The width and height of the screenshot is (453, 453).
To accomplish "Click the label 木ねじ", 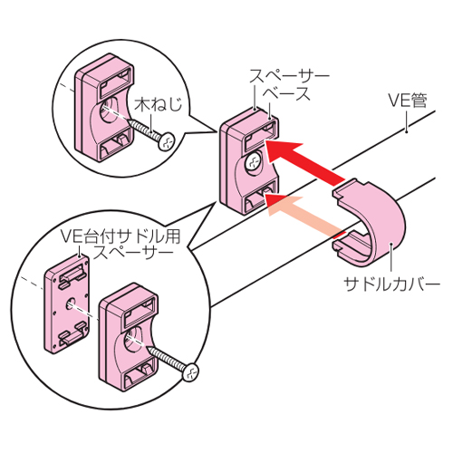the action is point(159,104).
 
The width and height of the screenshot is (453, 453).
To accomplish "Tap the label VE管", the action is point(407,101).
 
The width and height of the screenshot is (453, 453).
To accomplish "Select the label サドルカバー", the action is point(392,284).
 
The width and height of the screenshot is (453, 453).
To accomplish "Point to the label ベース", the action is point(286,94).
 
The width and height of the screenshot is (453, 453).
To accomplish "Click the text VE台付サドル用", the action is point(120,236).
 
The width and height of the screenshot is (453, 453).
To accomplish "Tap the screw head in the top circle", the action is point(167,141).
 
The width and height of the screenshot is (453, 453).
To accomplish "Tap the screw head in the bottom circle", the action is point(190,372).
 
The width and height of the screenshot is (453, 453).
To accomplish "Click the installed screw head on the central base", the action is point(254,163).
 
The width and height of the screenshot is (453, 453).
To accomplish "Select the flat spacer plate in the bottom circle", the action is point(67,304).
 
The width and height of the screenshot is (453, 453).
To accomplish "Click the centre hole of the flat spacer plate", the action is point(72,303).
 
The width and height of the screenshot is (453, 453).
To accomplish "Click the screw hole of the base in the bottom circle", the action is point(134,341).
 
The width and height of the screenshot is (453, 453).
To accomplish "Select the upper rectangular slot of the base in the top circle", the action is point(116,81).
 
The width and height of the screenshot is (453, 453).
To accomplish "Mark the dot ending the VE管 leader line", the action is point(407,131).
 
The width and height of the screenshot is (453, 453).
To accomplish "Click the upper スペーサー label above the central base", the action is point(289,76).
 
